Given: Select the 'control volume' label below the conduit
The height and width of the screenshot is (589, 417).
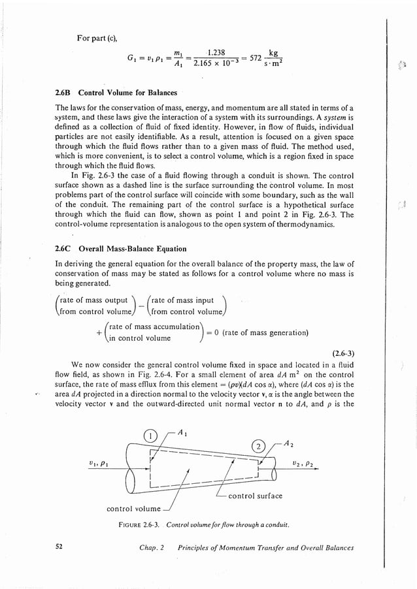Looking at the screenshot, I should (x=133, y=508).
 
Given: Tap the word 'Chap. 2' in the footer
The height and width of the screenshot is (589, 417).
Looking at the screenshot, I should (x=152, y=548).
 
